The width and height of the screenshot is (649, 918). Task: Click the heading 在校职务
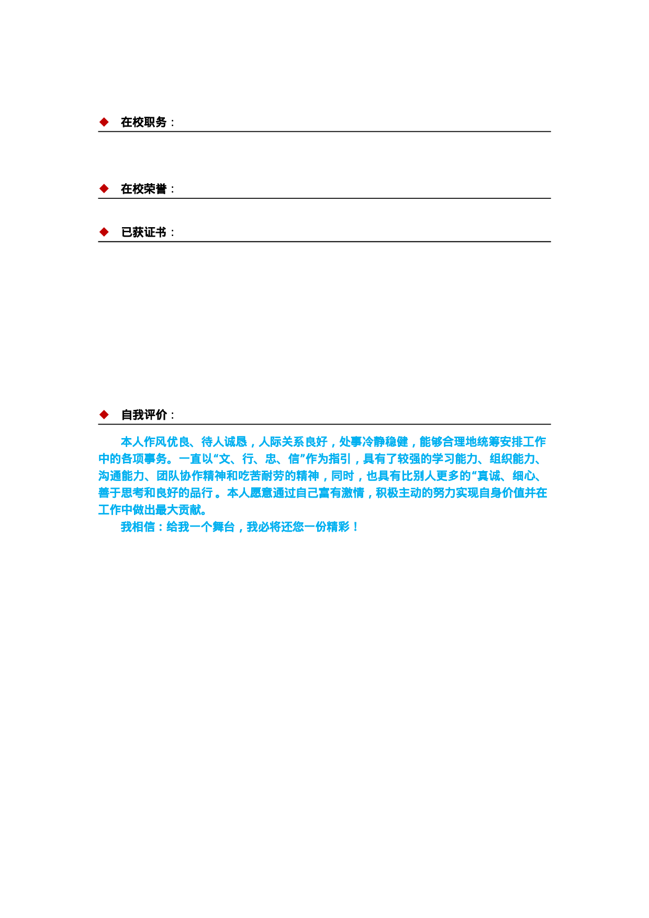click(x=143, y=122)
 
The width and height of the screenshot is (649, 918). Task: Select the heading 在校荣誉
click(x=143, y=189)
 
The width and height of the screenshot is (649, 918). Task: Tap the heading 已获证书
click(x=143, y=232)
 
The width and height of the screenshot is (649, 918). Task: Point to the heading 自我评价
click(x=143, y=415)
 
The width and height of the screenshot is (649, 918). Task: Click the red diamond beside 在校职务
click(x=104, y=122)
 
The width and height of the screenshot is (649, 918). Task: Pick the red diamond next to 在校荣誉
click(x=104, y=188)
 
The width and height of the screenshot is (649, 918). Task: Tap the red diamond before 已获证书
click(x=104, y=232)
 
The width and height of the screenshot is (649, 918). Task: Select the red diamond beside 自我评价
click(x=104, y=415)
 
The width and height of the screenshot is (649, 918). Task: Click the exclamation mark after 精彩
click(x=356, y=528)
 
